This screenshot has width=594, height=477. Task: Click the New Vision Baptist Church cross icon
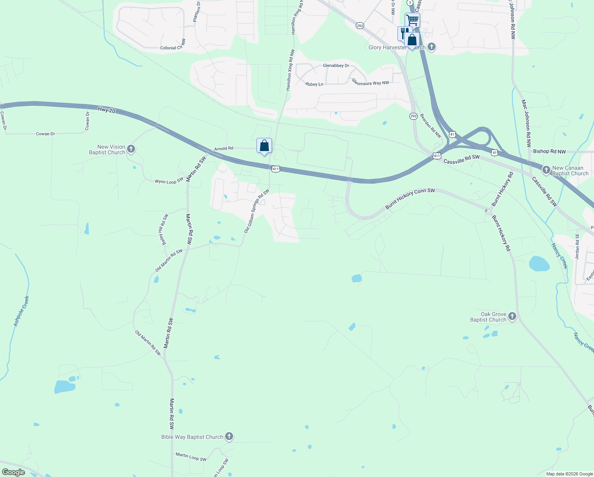[131, 149]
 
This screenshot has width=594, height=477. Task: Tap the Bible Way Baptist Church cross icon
[229, 437]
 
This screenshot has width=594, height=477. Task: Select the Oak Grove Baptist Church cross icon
[512, 317]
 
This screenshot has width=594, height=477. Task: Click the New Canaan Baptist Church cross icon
[546, 171]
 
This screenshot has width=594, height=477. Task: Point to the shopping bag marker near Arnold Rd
[264, 146]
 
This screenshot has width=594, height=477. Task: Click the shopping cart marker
[413, 19]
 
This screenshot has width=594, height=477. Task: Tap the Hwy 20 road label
[106, 110]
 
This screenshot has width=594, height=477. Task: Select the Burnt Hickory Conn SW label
[410, 199]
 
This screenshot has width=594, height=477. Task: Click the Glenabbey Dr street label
[336, 66]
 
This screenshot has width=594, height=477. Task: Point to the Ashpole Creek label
[22, 311]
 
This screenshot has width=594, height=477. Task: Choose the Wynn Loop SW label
[169, 181]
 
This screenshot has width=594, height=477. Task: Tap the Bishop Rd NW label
[550, 151]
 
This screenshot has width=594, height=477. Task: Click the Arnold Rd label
[224, 149]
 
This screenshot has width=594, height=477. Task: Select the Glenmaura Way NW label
[370, 82]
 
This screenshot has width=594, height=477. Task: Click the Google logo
[13, 472]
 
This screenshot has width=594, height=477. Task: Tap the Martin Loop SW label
[191, 457]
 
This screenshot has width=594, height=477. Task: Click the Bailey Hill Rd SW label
[164, 230]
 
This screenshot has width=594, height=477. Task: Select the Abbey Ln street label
[314, 84]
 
